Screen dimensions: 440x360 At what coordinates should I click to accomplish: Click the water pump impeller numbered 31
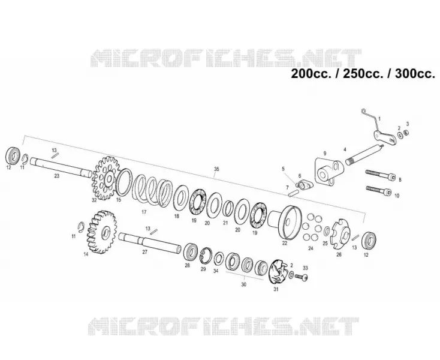pyautogui.click(x=278, y=272)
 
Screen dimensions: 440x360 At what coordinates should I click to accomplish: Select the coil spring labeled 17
pyautogui.click(x=152, y=190)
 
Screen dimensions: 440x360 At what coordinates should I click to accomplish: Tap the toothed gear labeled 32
pyautogui.click(x=106, y=178)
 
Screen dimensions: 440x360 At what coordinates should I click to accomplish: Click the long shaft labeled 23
pyautogui.click(x=61, y=167)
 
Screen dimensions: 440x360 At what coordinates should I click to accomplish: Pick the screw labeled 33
pyautogui.click(x=302, y=277)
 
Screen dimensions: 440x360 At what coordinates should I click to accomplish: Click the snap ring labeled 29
pyautogui.click(x=207, y=255)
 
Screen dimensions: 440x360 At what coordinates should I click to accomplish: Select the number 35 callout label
pyautogui.click(x=216, y=169)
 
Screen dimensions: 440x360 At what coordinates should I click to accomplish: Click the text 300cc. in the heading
pyautogui.click(x=415, y=74)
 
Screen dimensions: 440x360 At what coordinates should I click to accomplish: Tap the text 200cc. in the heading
pyautogui.click(x=311, y=74)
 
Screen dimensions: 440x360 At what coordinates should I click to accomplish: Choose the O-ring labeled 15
pyautogui.click(x=124, y=182)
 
